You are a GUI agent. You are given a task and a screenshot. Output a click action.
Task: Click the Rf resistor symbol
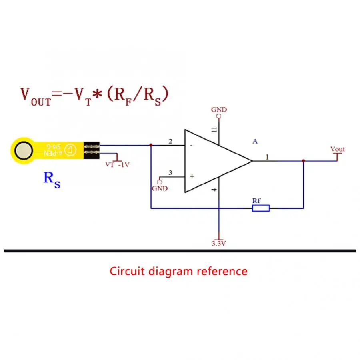260,208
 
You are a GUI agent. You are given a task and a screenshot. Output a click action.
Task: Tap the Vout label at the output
337,149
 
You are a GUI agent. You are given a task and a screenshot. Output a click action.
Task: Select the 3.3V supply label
219,243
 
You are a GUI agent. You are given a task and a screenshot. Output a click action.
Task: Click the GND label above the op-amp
219,110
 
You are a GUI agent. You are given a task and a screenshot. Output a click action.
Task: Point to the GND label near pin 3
160,188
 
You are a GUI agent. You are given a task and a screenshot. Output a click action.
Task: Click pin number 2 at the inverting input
170,141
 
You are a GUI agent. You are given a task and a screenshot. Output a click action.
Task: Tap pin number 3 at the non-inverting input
170,173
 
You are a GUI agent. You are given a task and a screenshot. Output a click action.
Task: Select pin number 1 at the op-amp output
267,157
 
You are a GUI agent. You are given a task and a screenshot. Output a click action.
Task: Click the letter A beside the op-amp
255,141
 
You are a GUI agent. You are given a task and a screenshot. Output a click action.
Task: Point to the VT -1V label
117,164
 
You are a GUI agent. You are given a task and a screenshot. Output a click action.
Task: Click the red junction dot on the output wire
304,161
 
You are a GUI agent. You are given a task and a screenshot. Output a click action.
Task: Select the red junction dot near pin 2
150,145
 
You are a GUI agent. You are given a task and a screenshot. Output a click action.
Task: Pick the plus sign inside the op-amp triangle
191,176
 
